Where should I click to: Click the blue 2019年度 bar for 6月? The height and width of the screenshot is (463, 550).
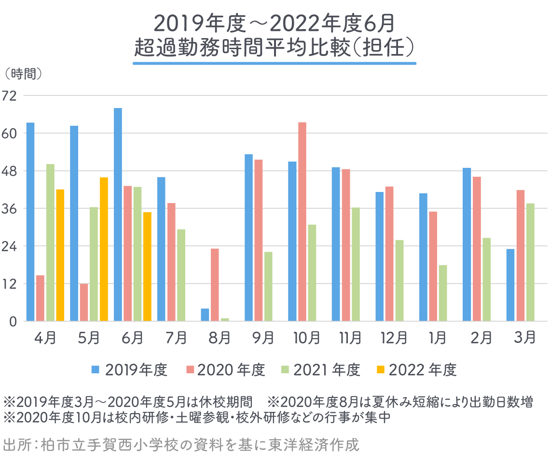(x=118, y=215)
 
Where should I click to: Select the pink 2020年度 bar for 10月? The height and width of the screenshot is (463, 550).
(x=302, y=222)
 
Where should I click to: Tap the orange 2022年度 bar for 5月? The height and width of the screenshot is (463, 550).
(x=104, y=249)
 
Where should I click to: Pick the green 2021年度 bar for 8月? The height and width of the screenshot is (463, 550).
(x=225, y=319)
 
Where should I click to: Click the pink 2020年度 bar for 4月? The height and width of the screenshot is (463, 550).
(x=40, y=298)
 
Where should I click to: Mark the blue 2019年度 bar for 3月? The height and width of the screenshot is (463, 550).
(x=510, y=285)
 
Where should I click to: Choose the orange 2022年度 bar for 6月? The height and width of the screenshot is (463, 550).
(x=147, y=267)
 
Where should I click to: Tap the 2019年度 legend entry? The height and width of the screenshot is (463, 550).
(x=130, y=370)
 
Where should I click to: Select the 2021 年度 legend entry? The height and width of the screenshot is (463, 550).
(x=320, y=370)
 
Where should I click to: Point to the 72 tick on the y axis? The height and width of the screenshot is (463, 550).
(x=9, y=95)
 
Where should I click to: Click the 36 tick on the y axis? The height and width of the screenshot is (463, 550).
(x=9, y=208)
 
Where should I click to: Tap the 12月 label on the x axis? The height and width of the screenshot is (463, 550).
(x=394, y=338)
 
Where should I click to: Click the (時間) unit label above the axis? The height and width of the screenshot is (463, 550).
(x=23, y=74)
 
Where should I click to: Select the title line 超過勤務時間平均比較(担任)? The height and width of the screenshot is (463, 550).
(x=275, y=48)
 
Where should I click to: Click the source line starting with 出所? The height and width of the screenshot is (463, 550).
(x=181, y=444)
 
